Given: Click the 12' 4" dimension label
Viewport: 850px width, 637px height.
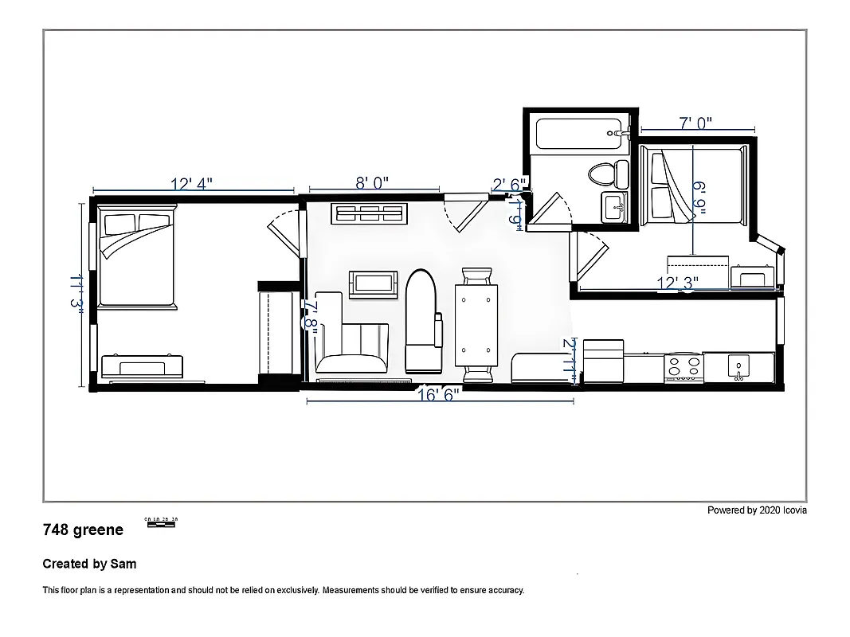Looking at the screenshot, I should click(x=192, y=184).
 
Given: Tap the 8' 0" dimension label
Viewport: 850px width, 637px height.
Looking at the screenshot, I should click(x=372, y=183).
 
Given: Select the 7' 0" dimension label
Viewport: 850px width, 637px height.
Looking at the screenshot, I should click(x=695, y=123).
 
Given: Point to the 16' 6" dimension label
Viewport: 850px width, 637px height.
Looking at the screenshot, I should click(x=438, y=394).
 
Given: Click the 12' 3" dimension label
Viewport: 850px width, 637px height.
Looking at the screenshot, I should click(x=677, y=283).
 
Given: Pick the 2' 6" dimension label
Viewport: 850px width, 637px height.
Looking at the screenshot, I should click(x=510, y=185).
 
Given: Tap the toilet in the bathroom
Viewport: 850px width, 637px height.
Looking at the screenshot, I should click(x=602, y=171).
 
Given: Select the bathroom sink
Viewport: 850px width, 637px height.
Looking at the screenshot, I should click(x=615, y=208).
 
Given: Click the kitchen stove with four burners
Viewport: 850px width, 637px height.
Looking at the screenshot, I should click(x=684, y=367).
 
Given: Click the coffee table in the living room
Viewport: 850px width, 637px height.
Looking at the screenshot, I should click(x=373, y=283).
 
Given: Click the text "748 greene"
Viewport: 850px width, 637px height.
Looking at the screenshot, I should click(x=83, y=530).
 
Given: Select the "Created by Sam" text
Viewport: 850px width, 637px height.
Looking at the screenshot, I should click(x=89, y=564).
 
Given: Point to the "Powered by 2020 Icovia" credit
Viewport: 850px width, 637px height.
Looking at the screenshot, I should click(x=757, y=510).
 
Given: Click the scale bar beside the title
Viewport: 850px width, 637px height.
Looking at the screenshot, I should click(x=161, y=522).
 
